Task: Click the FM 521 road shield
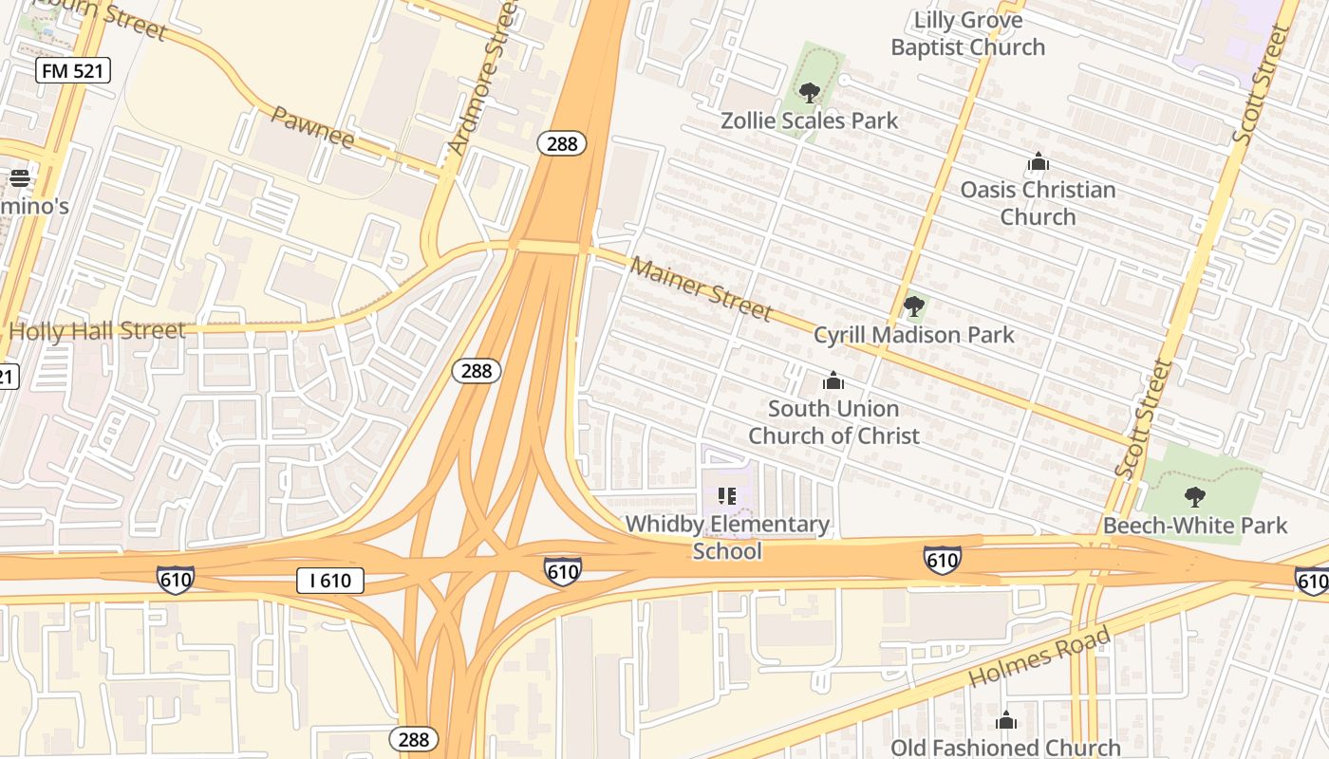[74, 69]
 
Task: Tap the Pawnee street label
[312, 127]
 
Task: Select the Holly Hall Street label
[97, 331]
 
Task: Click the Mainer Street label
[702, 288]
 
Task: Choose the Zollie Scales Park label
[809, 120]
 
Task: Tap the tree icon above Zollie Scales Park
[810, 93]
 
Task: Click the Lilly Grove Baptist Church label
[967, 33]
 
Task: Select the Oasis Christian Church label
[1038, 203]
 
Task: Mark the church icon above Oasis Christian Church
[1038, 162]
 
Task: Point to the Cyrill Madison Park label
[913, 335]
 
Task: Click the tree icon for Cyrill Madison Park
[914, 306]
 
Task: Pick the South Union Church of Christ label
[833, 422]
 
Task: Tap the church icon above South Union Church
[833, 381]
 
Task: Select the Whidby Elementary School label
[727, 537]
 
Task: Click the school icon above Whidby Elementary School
[727, 496]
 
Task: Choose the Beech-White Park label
[1194, 526]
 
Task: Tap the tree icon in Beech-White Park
[1195, 496]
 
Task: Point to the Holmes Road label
[1039, 657]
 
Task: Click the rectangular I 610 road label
[329, 581]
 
